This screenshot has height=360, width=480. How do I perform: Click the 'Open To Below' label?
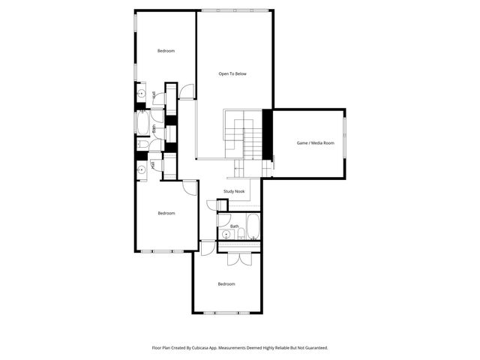tap(232, 73)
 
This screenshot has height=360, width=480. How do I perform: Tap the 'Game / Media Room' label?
tap(316, 142)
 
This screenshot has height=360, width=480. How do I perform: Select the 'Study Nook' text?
tap(234, 191)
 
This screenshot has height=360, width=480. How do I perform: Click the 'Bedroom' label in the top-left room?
tap(166, 51)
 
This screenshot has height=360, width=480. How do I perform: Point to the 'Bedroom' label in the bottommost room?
tap(226, 283)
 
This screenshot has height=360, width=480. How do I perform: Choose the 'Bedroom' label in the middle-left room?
tap(166, 213)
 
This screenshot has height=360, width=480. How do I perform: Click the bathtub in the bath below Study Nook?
tap(253, 226)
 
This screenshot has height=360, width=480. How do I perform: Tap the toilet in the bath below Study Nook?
tap(223, 218)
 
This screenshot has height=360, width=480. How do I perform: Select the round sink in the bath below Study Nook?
tap(226, 234)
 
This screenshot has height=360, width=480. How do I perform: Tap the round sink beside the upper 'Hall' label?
tap(141, 94)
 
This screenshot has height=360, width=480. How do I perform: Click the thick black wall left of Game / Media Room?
tap(266, 134)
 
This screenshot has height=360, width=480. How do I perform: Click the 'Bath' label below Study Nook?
tap(235, 226)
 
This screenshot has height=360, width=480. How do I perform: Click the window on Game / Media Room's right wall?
tap(345, 142)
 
